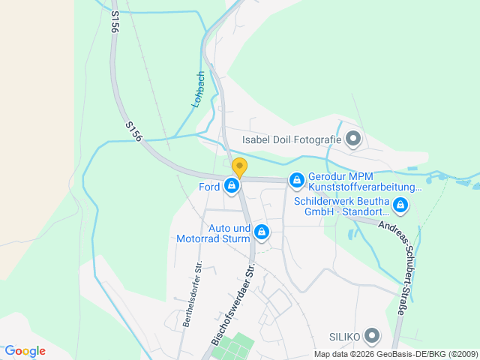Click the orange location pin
(239, 166)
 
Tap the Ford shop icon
(232, 186)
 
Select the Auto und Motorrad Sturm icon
(261, 233)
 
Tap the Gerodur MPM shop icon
(297, 180)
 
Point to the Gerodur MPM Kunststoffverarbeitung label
(364, 182)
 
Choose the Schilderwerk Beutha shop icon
(400, 204)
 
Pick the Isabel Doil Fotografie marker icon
(354, 139)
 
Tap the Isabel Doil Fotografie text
(291, 139)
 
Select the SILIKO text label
(345, 336)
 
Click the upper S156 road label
(115, 21)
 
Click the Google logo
(25, 351)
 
